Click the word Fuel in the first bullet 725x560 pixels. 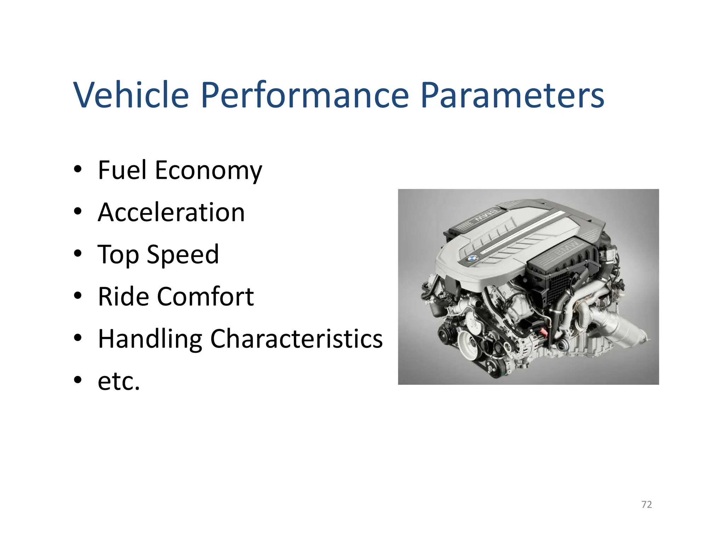[122, 170]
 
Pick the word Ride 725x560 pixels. [123, 296]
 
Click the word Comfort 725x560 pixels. [205, 296]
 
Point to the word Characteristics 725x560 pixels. [296, 338]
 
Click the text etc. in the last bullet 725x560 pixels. [119, 381]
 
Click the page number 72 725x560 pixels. [646, 504]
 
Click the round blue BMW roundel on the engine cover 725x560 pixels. [471, 259]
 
